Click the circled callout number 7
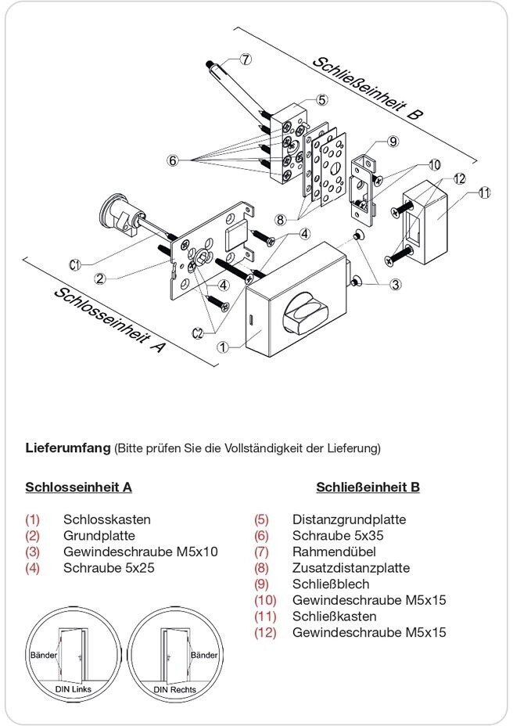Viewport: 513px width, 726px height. (x=246, y=59)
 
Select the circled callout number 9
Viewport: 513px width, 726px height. (x=393, y=142)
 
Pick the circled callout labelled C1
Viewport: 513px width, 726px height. (x=76, y=265)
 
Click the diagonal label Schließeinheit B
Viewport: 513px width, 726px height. (x=367, y=87)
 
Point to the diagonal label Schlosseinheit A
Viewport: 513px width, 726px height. (x=109, y=319)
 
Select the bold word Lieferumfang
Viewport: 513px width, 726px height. (x=69, y=448)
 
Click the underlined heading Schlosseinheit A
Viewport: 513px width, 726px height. (x=78, y=487)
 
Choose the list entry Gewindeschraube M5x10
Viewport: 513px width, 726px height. (x=140, y=552)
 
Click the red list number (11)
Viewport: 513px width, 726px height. (x=266, y=616)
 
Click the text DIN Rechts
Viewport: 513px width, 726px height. (x=174, y=690)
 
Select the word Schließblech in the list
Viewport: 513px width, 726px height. (x=330, y=584)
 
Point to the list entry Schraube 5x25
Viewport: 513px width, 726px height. (x=109, y=568)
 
